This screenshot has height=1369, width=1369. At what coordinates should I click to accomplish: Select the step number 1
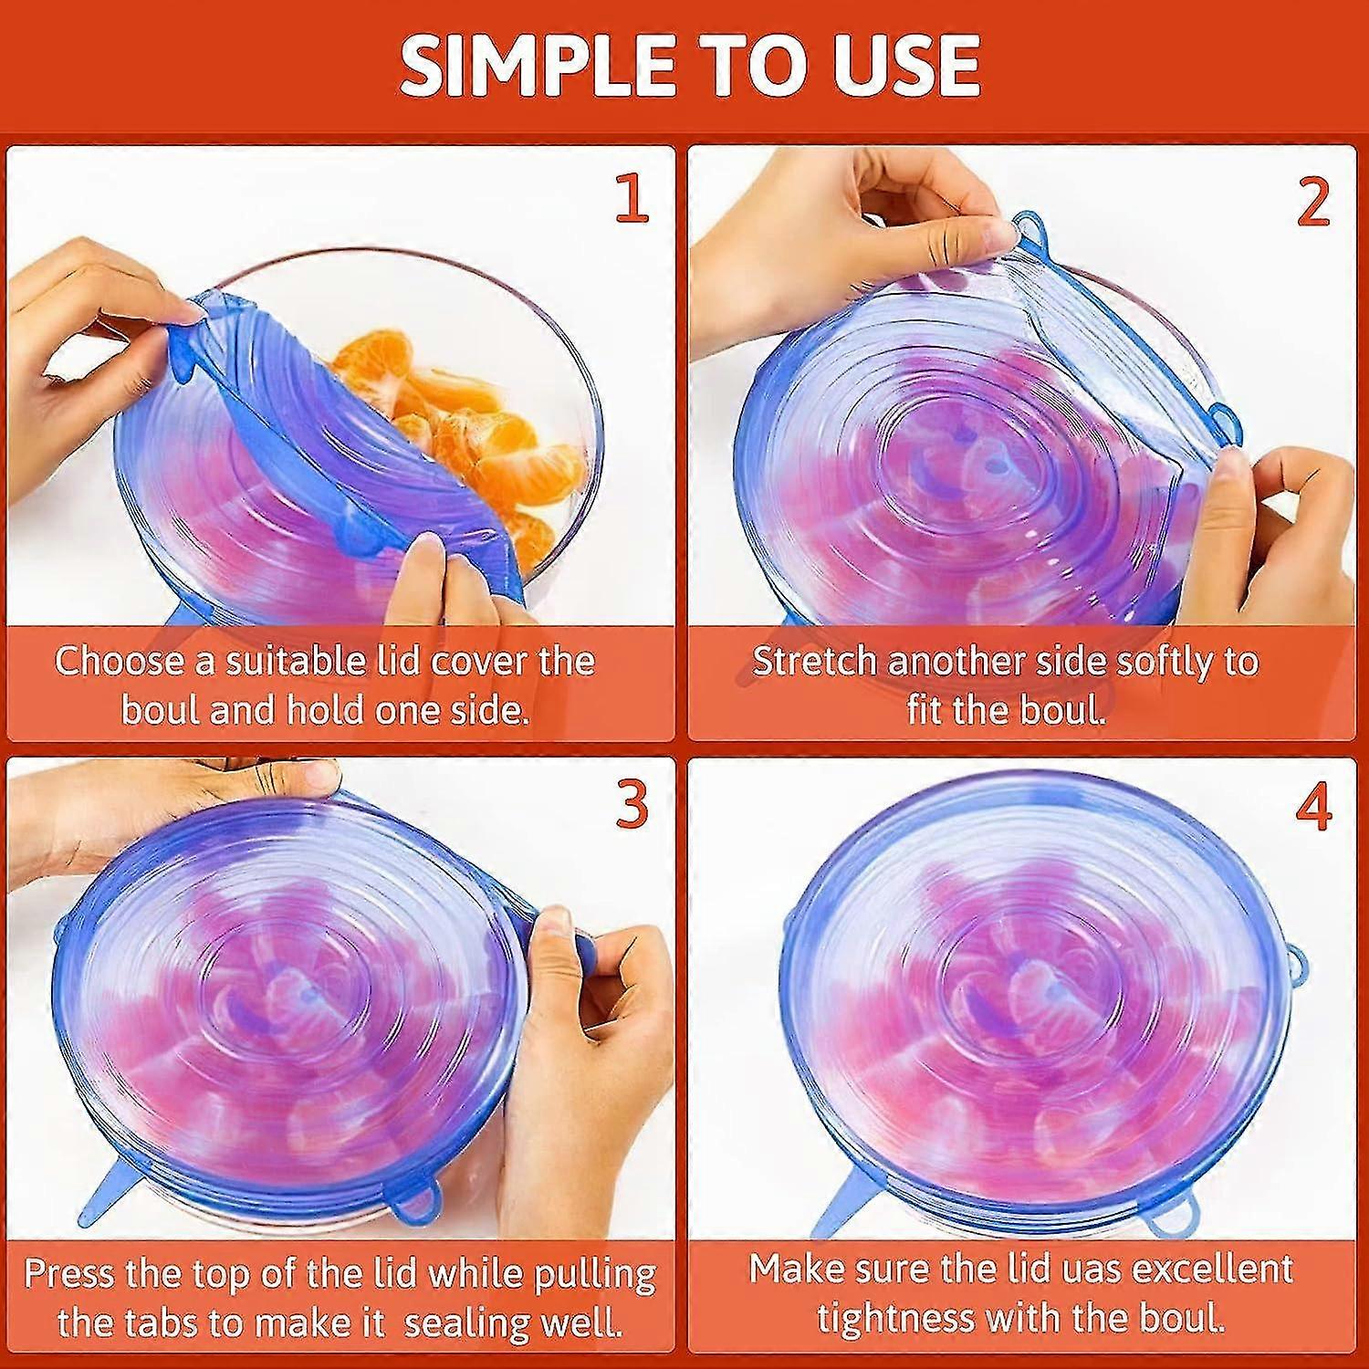pos(632,198)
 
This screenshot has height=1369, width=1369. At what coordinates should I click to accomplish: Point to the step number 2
pos(1313,198)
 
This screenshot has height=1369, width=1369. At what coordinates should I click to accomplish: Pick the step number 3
pos(632,804)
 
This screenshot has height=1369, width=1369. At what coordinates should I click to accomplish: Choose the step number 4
pos(1313,804)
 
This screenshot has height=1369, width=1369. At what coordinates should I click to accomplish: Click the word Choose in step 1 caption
pos(120,661)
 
